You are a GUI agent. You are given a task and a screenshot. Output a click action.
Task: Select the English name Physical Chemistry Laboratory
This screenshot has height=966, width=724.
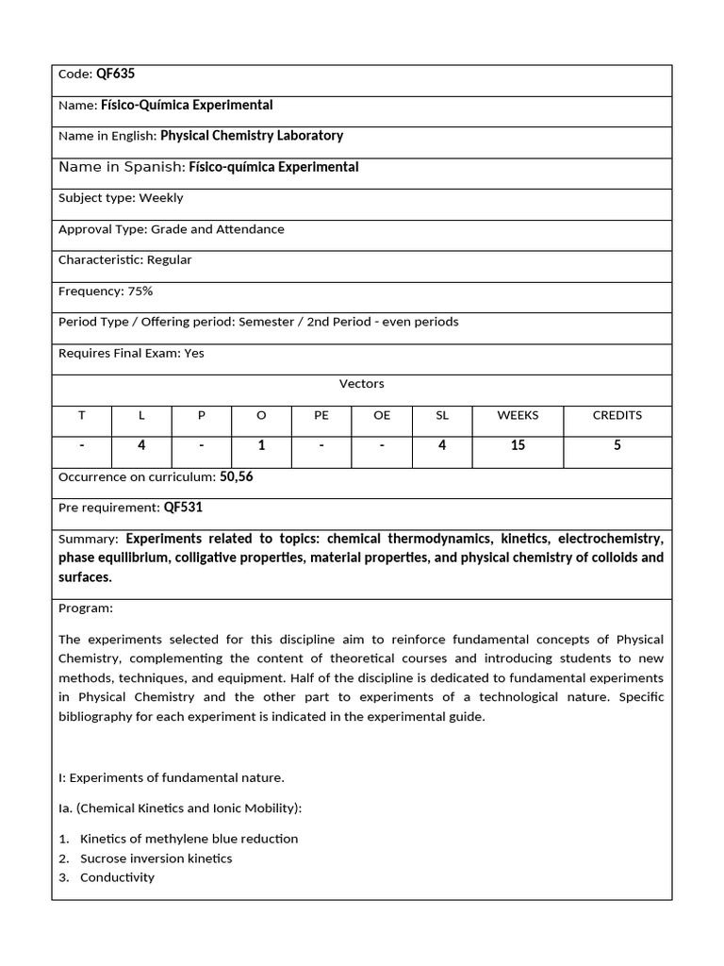(x=252, y=136)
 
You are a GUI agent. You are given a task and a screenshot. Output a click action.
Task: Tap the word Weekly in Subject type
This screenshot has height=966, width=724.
(x=161, y=198)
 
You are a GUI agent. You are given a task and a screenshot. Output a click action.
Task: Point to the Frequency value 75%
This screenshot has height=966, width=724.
(x=137, y=291)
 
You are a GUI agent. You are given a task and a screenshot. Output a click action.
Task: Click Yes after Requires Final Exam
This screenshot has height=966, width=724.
(x=194, y=354)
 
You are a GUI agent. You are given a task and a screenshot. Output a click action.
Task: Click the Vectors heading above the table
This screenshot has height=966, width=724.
(x=362, y=384)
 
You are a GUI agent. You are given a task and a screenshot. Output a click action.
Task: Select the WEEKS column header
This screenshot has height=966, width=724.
(x=518, y=415)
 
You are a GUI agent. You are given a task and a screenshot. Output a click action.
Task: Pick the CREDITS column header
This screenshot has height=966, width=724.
(x=617, y=415)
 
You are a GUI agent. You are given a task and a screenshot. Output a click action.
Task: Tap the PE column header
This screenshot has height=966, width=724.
(x=321, y=415)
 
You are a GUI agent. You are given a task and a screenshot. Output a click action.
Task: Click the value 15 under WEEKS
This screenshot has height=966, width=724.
(x=518, y=445)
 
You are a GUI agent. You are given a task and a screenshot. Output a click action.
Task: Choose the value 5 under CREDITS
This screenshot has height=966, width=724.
(x=617, y=445)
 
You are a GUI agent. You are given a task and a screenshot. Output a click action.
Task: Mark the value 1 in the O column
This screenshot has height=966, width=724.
(x=261, y=445)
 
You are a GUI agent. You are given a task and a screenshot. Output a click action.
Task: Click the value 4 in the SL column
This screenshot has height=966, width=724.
(x=442, y=445)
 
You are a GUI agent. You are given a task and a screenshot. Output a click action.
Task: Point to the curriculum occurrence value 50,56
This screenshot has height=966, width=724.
(x=237, y=477)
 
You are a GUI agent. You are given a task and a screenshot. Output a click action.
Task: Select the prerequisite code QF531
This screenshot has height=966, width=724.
(x=183, y=508)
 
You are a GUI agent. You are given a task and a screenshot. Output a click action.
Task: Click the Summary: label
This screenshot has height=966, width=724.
(x=89, y=540)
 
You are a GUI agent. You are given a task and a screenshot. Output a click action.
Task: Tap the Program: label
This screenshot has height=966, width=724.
(x=86, y=608)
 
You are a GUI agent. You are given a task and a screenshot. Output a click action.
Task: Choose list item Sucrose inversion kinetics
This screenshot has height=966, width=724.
(x=156, y=858)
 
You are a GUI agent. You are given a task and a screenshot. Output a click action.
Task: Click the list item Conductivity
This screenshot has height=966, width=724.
(x=117, y=877)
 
